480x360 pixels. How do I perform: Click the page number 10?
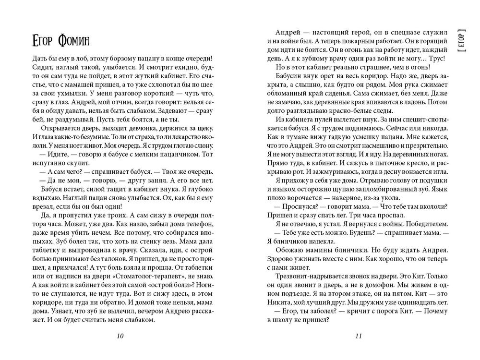(120, 336)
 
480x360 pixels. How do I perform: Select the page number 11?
(358, 336)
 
